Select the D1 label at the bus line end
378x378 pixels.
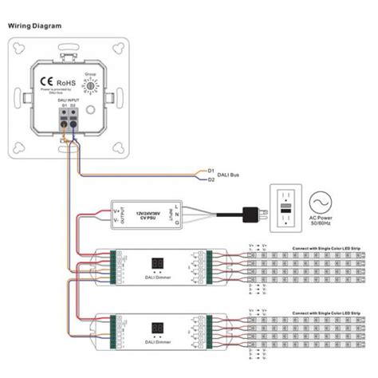point(211,171)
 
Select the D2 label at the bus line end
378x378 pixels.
point(211,180)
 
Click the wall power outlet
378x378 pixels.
point(285,208)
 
